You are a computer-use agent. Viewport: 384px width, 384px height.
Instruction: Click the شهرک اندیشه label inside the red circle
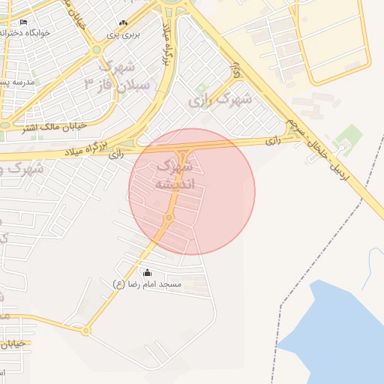(x=175, y=174)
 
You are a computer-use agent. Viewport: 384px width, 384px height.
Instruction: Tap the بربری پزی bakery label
(x=122, y=34)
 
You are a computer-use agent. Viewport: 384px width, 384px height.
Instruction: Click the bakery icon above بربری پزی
(x=123, y=23)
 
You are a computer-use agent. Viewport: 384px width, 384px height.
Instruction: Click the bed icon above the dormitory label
(x=23, y=22)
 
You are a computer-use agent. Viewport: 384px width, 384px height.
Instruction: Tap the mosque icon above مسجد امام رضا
(x=147, y=272)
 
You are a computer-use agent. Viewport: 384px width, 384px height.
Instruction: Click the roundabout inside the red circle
(x=169, y=218)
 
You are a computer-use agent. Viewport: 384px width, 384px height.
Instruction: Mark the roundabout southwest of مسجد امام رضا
(x=85, y=330)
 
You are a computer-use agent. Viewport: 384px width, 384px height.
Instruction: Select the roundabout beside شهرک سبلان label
(x=96, y=50)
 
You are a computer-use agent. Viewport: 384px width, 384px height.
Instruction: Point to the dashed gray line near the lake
(x=279, y=330)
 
